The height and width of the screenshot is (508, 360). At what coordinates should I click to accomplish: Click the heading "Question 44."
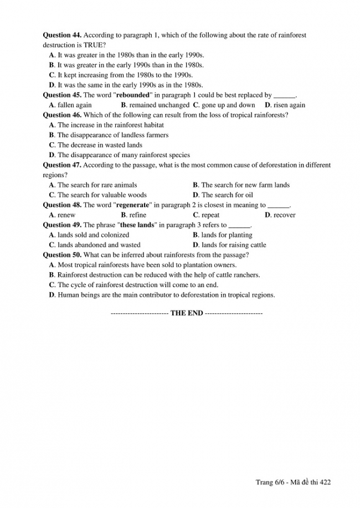[61, 35]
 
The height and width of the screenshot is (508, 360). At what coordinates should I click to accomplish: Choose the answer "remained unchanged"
[158, 105]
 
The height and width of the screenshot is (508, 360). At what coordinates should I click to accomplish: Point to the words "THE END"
[187, 313]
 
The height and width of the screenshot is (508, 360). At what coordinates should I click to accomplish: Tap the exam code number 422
[325, 482]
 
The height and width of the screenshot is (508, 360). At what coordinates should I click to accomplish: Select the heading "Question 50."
[61, 255]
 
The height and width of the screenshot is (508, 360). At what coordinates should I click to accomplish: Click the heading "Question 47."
[61, 165]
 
